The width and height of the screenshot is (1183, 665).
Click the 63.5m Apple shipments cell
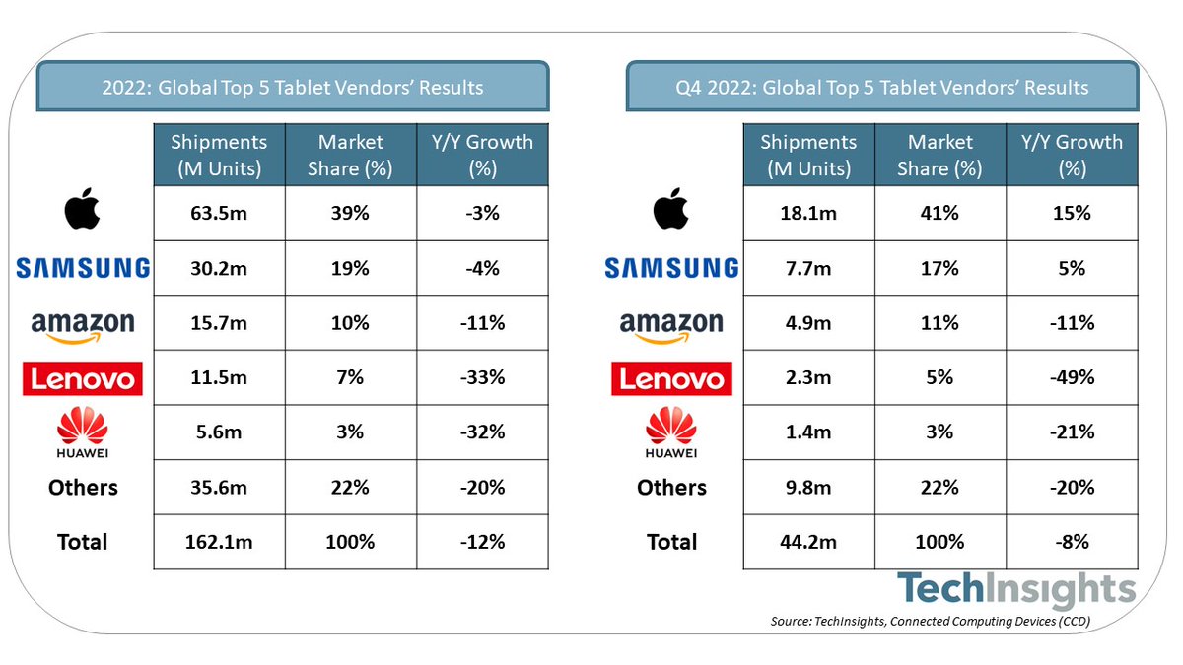tap(219, 213)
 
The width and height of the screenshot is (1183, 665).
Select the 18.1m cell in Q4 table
tap(808, 213)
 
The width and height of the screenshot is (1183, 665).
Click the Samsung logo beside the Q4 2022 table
tap(670, 267)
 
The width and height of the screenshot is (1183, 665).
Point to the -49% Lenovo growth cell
tap(1072, 376)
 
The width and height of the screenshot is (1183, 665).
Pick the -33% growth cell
tap(482, 376)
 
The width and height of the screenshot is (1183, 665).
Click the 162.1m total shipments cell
tap(219, 541)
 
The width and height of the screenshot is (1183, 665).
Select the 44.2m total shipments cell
tap(808, 541)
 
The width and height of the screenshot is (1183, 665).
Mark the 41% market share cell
tap(940, 213)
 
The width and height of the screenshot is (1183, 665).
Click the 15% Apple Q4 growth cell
tap(1072, 213)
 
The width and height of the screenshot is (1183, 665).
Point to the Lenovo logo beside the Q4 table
tap(670, 378)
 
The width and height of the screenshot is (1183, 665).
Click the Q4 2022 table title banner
tap(881, 87)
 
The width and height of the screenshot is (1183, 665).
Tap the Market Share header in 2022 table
tap(351, 155)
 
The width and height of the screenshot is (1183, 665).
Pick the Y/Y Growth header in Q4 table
tap(1072, 155)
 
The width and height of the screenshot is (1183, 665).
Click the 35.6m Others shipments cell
tap(219, 487)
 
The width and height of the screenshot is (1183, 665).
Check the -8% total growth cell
tap(1072, 541)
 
